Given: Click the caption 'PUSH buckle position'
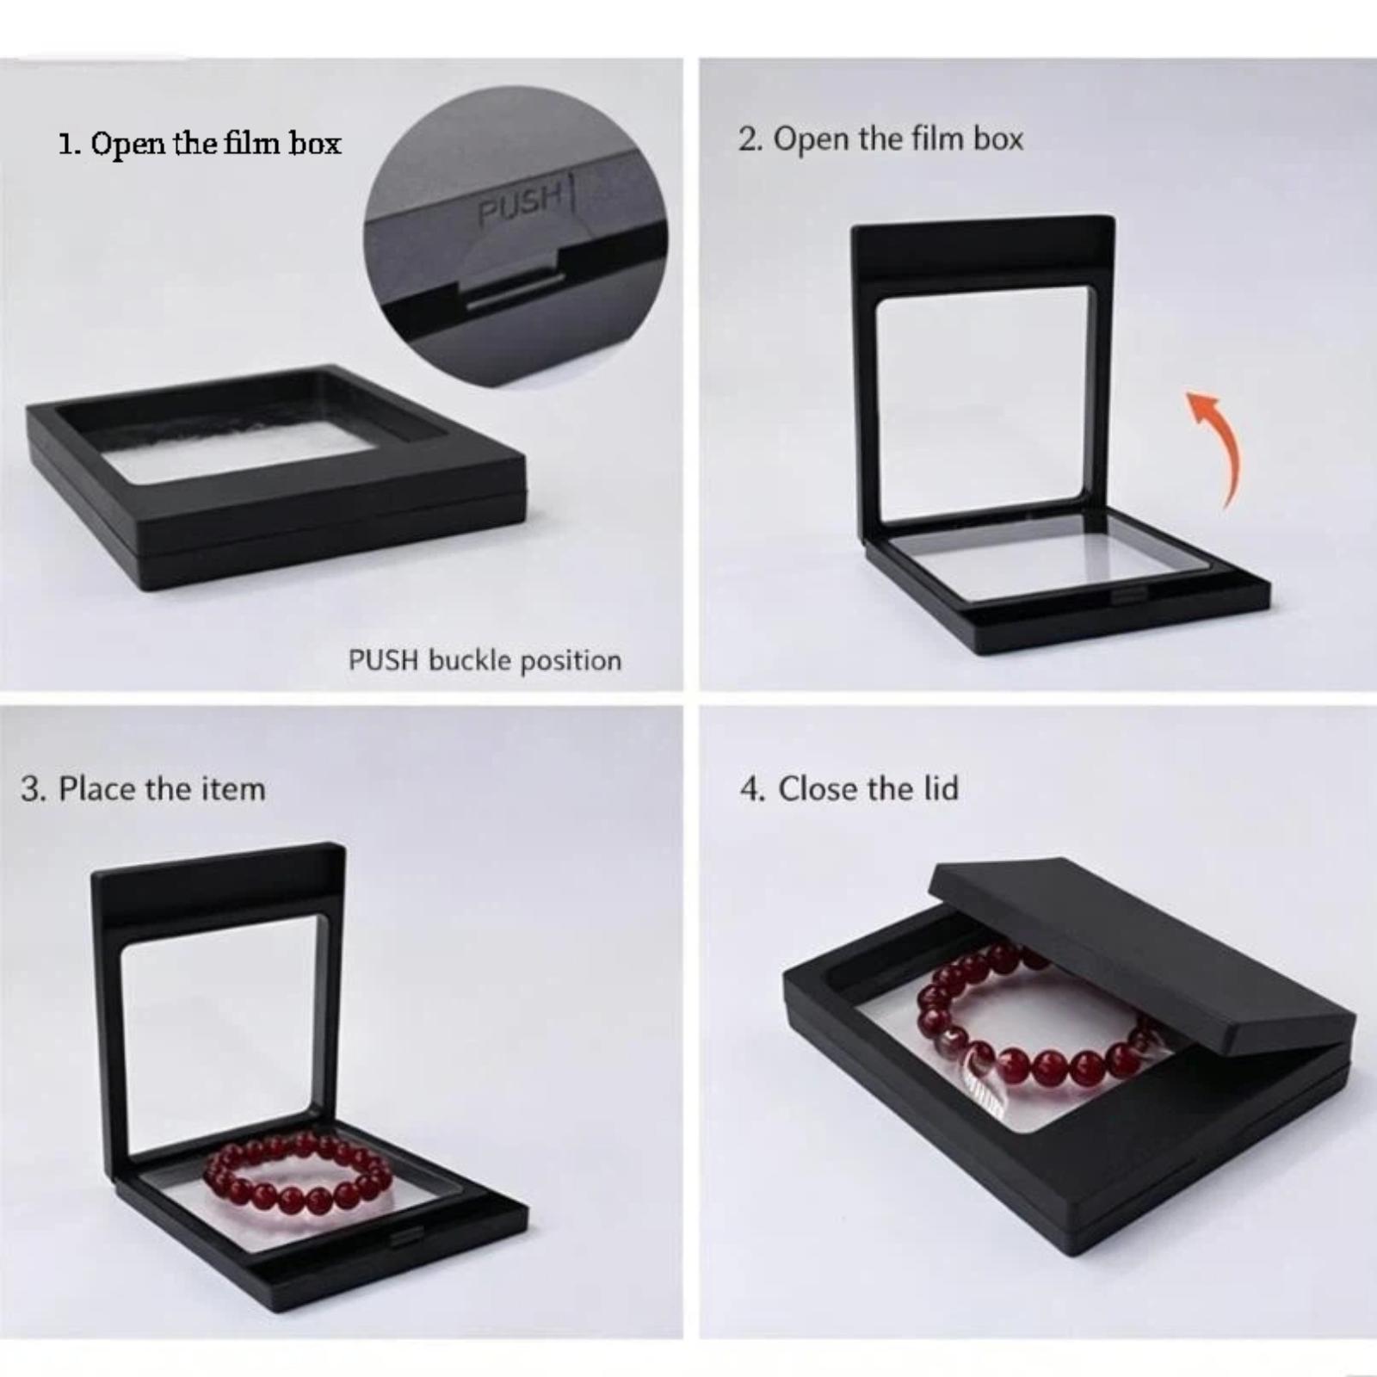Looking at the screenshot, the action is (485, 661).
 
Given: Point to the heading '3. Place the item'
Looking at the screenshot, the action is (143, 789).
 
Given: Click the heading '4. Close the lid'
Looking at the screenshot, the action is (849, 788).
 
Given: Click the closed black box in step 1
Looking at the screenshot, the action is (276, 478).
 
